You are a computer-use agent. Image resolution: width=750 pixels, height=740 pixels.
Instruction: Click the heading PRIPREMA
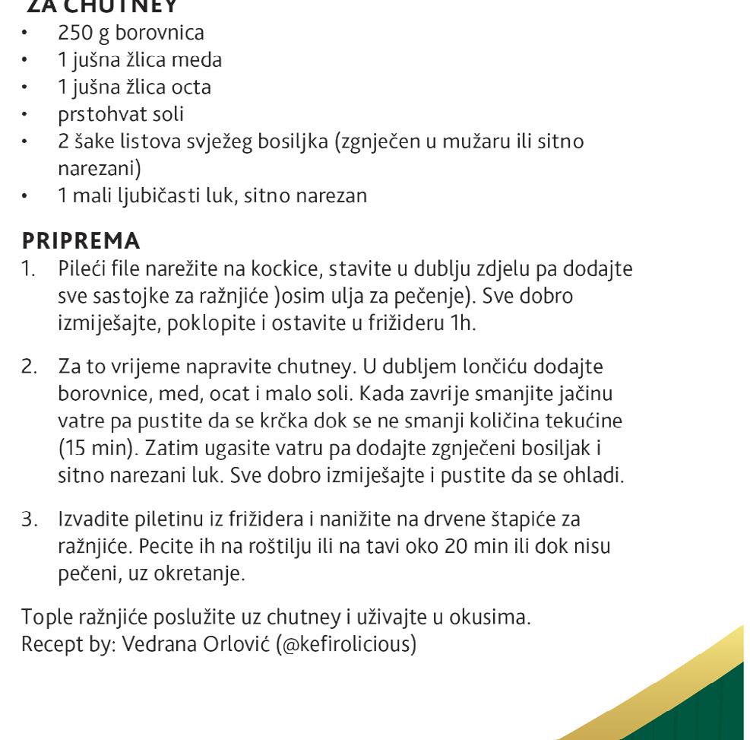[x=81, y=241]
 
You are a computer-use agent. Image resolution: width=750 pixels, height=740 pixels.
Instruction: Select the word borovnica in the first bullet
[x=160, y=33]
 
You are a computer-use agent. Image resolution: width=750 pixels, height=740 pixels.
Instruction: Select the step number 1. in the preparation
[x=28, y=268]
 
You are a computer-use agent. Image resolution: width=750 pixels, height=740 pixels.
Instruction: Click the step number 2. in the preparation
[x=29, y=367]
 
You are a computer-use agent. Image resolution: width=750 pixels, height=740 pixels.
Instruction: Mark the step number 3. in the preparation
[x=29, y=519]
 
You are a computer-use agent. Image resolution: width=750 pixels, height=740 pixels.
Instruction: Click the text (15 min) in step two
[x=96, y=449]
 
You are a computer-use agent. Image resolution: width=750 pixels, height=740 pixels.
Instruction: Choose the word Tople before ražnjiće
[x=45, y=618]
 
